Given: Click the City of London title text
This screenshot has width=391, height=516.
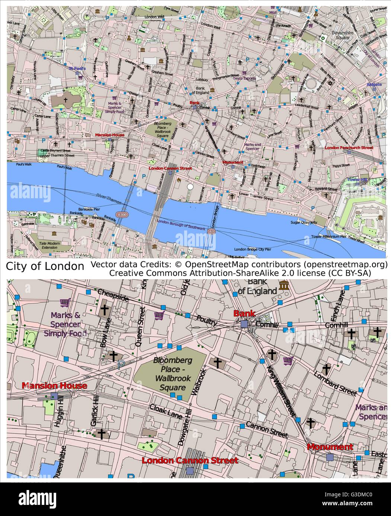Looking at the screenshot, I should click(45, 266).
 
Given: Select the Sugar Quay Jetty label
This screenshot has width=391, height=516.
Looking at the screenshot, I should click(304, 222).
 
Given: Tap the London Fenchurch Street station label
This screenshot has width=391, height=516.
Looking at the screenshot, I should click(349, 147).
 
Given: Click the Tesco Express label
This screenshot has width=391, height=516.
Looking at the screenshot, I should click(244, 78).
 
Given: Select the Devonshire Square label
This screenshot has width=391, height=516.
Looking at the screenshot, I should click(342, 35).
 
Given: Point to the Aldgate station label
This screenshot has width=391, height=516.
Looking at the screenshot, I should click(374, 85).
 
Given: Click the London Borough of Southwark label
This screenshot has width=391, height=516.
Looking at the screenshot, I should click(181, 225).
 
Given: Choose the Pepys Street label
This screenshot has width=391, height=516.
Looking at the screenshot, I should click(341, 165).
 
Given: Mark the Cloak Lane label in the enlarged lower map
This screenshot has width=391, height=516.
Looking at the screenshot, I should click(166, 411).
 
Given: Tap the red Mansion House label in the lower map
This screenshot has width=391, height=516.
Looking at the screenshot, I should click(54, 386).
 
